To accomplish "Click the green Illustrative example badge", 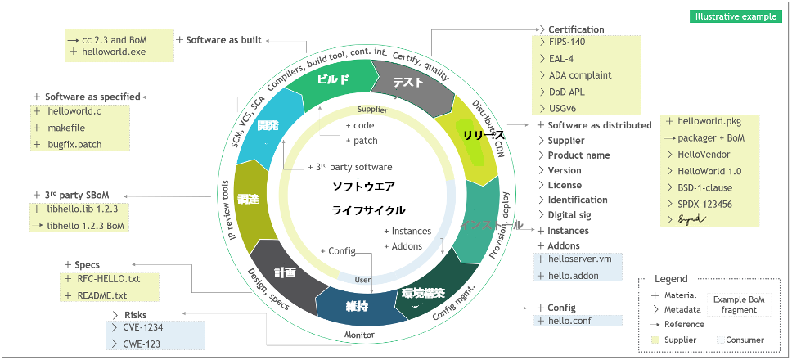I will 736,16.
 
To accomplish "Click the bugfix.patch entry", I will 74,144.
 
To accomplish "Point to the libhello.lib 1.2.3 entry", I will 82,210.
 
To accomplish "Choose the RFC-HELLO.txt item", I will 109,280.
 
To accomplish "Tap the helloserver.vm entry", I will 580,260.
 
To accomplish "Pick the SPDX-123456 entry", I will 704,205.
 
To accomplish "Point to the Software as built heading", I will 223,39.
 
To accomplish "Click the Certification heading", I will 576,30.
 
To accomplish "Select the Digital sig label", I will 574,215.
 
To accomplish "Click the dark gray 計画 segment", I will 285,273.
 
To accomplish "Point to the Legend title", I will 671,279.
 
